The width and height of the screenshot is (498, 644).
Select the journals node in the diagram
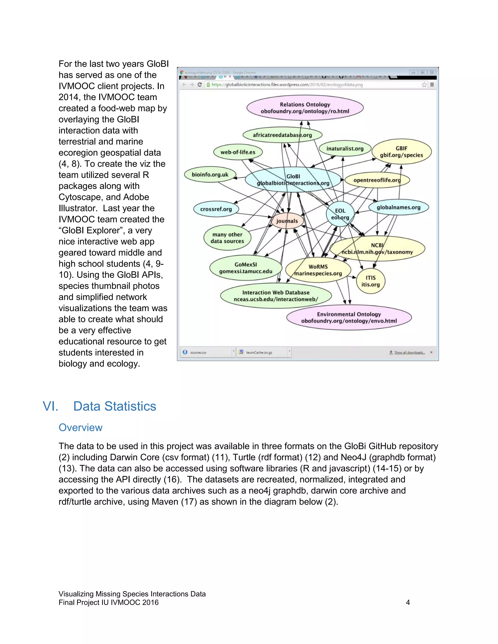pyautogui.click(x=287, y=221)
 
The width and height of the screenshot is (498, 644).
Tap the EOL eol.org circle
pyautogui.click(x=340, y=214)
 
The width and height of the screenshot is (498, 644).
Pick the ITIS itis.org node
pyautogui.click(x=371, y=281)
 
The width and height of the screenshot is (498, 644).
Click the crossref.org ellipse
pyautogui.click(x=216, y=209)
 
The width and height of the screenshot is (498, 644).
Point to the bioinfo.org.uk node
pyautogui.click(x=210, y=174)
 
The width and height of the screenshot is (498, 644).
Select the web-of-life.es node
pyautogui.click(x=238, y=152)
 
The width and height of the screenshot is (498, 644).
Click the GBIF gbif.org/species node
pyautogui.click(x=401, y=152)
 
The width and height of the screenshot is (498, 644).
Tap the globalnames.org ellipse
pyautogui.click(x=398, y=207)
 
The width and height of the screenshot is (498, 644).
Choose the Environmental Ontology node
pyautogui.click(x=349, y=318)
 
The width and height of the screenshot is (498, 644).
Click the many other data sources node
pyautogui.click(x=227, y=238)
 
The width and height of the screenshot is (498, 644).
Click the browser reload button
pyautogui.click(x=199, y=85)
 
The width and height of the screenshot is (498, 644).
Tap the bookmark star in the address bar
pyautogui.click(x=424, y=85)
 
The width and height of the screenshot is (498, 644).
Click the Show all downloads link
pyautogui.click(x=409, y=352)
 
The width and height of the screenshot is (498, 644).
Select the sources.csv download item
pyautogui.click(x=198, y=352)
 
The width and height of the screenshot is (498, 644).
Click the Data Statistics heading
pyautogui.click(x=115, y=406)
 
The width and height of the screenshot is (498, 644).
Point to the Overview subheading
pyautogui.click(x=80, y=427)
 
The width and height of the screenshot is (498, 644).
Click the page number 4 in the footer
pyautogui.click(x=408, y=602)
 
